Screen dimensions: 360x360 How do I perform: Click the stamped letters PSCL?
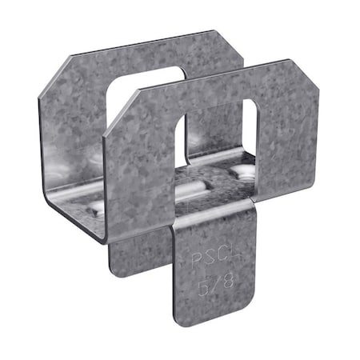pyautogui.click(x=204, y=260)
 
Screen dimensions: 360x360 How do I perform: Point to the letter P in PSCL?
pyautogui.click(x=191, y=258)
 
